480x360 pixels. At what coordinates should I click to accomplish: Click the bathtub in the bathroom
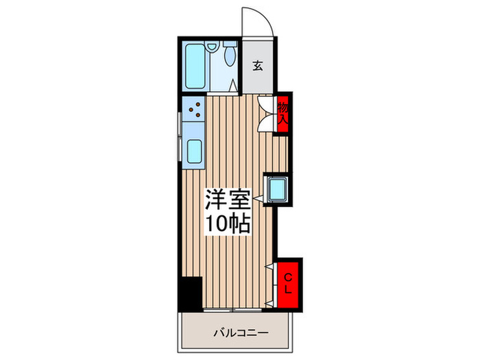pyautogui.click(x=195, y=67)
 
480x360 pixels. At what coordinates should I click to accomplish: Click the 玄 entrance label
pyautogui.click(x=258, y=66)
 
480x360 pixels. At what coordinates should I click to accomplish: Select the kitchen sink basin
pyautogui.click(x=193, y=150)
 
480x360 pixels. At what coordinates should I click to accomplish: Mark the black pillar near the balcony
pyautogui.click(x=188, y=293)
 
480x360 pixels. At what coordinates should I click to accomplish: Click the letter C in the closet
pyautogui.click(x=289, y=276)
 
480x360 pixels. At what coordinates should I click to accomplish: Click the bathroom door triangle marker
pyautogui.click(x=233, y=87)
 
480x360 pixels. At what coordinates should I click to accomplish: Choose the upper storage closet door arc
pyautogui.click(x=265, y=103)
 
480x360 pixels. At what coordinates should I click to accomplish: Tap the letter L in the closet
pyautogui.click(x=289, y=290)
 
